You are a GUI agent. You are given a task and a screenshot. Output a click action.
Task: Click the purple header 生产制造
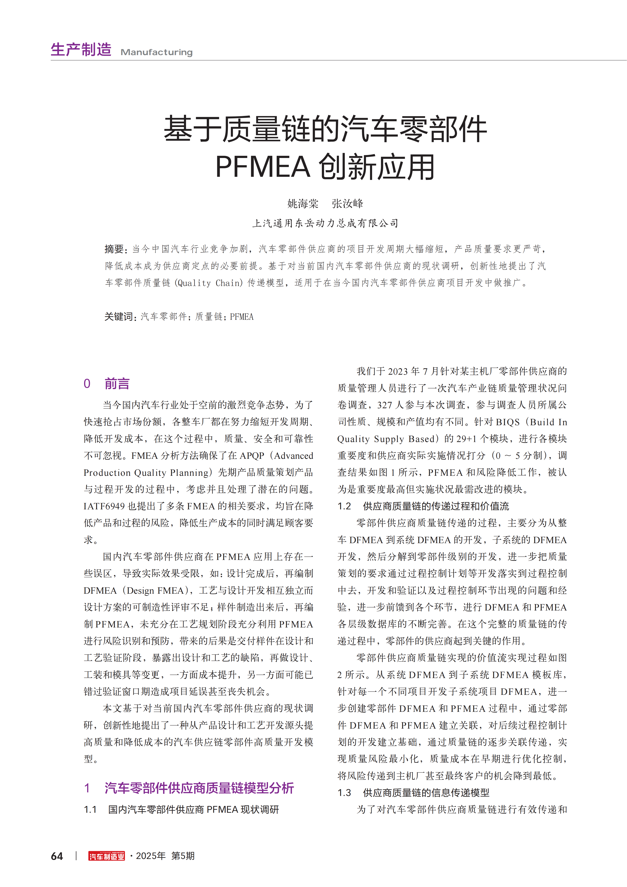coord(81,50)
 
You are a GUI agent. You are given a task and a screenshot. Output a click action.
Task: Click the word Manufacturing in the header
coord(156,52)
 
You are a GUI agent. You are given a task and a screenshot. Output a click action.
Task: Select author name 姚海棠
coord(303,204)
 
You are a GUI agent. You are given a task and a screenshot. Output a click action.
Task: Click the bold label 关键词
coord(119,317)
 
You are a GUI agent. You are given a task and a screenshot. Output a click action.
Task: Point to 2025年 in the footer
coord(151,856)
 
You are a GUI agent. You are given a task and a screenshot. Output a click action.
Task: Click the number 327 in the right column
coord(385,405)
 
